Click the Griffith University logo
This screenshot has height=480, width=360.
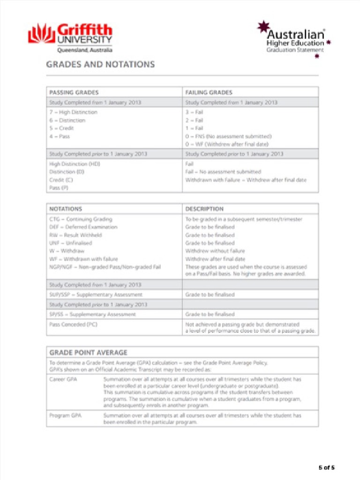pyautogui.click(x=70, y=37)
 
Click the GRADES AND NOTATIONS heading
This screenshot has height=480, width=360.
pyautogui.click(x=100, y=64)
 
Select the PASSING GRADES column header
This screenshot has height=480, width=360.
pyautogui.click(x=74, y=92)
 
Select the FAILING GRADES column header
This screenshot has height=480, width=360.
pyautogui.click(x=209, y=92)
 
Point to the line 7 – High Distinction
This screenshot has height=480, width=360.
pyautogui.click(x=74, y=112)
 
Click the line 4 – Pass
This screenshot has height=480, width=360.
pyautogui.click(x=60, y=136)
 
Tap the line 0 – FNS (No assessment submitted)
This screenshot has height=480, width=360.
pyautogui.click(x=228, y=136)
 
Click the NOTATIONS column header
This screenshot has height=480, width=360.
pyautogui.click(x=66, y=209)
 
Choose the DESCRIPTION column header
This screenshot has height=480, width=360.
pyautogui.click(x=204, y=209)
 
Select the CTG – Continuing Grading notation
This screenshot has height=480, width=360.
pyautogui.click(x=81, y=219)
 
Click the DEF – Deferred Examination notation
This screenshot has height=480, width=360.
pyautogui.click(x=83, y=227)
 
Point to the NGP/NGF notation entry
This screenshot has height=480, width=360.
pyautogui.click(x=105, y=267)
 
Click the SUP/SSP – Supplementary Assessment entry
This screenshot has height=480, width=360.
pyautogui.click(x=96, y=295)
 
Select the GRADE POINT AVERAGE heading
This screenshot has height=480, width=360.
pyautogui.click(x=89, y=352)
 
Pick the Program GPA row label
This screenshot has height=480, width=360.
pyautogui.click(x=65, y=415)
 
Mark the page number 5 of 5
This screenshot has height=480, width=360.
pyautogui.click(x=327, y=467)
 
